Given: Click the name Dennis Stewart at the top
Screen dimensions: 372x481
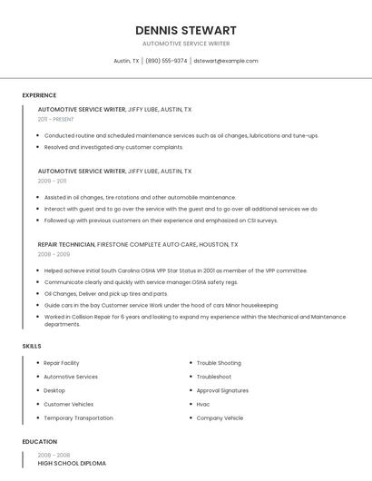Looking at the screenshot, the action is tap(186, 30).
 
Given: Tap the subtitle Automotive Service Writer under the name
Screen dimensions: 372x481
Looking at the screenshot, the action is tap(186, 44).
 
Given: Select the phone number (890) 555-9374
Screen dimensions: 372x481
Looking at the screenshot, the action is tap(166, 61).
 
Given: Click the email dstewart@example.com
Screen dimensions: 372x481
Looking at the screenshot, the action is tap(226, 61).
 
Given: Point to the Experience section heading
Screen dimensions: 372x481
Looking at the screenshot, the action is tap(39, 95).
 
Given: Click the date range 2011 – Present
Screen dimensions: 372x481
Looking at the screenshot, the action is tap(55, 119).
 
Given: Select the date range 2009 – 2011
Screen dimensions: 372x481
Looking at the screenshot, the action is tap(52, 181).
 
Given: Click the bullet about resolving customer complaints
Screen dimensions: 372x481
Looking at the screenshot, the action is tap(113, 147).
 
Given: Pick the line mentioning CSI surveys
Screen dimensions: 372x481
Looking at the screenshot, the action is tap(161, 220).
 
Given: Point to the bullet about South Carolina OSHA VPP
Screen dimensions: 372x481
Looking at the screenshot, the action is tap(175, 270).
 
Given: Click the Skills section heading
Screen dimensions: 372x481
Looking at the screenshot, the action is tap(32, 346).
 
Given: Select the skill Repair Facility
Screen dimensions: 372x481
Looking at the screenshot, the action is tap(62, 363).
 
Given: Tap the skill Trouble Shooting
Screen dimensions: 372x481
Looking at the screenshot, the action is tap(219, 363).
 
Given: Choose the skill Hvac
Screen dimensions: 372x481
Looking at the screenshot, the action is tap(203, 404).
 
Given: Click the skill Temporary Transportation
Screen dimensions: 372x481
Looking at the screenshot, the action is tap(78, 418).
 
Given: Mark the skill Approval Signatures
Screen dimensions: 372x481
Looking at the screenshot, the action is tap(222, 390).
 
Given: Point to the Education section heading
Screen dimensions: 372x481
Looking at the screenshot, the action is tap(39, 442).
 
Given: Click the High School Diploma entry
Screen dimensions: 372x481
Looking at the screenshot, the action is tap(72, 463).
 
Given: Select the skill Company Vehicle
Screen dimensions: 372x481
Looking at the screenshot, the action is tap(220, 418).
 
